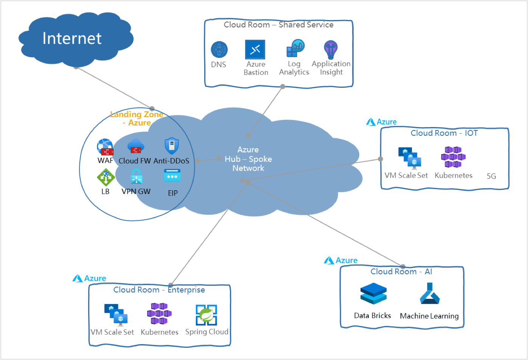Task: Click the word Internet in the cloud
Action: click(x=72, y=38)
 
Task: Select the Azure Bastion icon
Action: click(x=255, y=50)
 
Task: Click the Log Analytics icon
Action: click(x=295, y=48)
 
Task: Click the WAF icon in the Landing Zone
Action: click(x=105, y=147)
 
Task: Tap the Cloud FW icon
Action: click(x=134, y=146)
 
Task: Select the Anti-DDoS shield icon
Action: click(x=171, y=146)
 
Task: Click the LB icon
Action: click(x=106, y=177)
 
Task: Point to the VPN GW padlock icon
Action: click(x=136, y=177)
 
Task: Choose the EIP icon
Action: click(x=172, y=177)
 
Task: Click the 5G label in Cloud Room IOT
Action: click(x=491, y=176)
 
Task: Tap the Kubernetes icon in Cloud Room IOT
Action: click(x=453, y=157)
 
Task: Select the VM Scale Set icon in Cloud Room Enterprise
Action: click(x=116, y=313)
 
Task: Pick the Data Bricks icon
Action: click(x=373, y=294)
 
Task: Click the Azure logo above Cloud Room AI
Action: click(x=341, y=260)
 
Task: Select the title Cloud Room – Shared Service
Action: click(x=278, y=25)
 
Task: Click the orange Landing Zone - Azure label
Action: click(x=137, y=118)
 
